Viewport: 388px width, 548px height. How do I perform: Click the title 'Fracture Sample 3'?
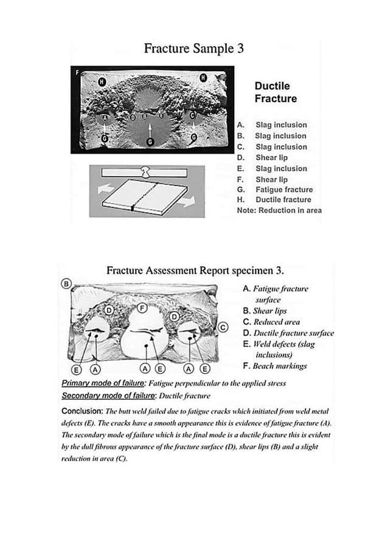193,49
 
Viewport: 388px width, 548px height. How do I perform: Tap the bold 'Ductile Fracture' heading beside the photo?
275,92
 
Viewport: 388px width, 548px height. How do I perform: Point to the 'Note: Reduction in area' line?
279,210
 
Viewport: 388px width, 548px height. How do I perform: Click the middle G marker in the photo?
150,142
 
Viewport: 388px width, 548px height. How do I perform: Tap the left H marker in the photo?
102,81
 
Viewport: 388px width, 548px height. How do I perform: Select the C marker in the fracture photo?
193,115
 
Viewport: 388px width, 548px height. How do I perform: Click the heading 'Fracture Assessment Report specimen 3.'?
195,270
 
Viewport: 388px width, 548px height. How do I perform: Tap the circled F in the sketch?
142,307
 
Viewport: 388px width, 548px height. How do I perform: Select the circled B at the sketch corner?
66,283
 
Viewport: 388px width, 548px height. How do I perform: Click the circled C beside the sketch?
223,327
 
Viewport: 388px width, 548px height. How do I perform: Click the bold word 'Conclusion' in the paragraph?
82,410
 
